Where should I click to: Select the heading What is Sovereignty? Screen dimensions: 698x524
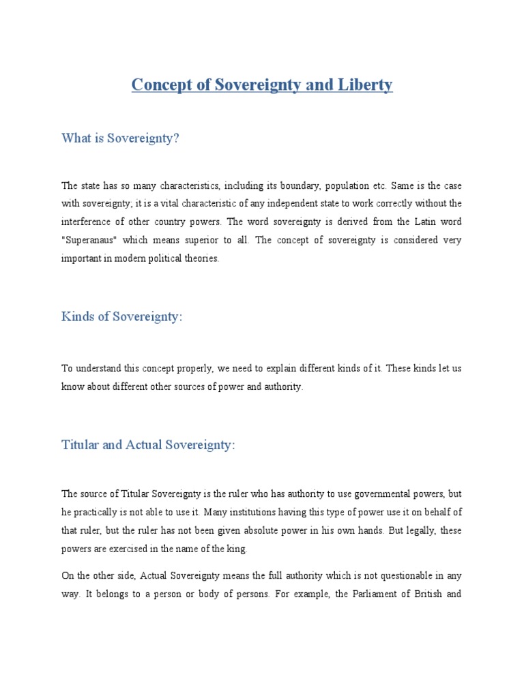pyautogui.click(x=120, y=138)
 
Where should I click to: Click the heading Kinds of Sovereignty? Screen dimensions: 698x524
pyautogui.click(x=122, y=316)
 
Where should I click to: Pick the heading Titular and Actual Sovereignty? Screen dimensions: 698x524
pyautogui.click(x=148, y=444)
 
